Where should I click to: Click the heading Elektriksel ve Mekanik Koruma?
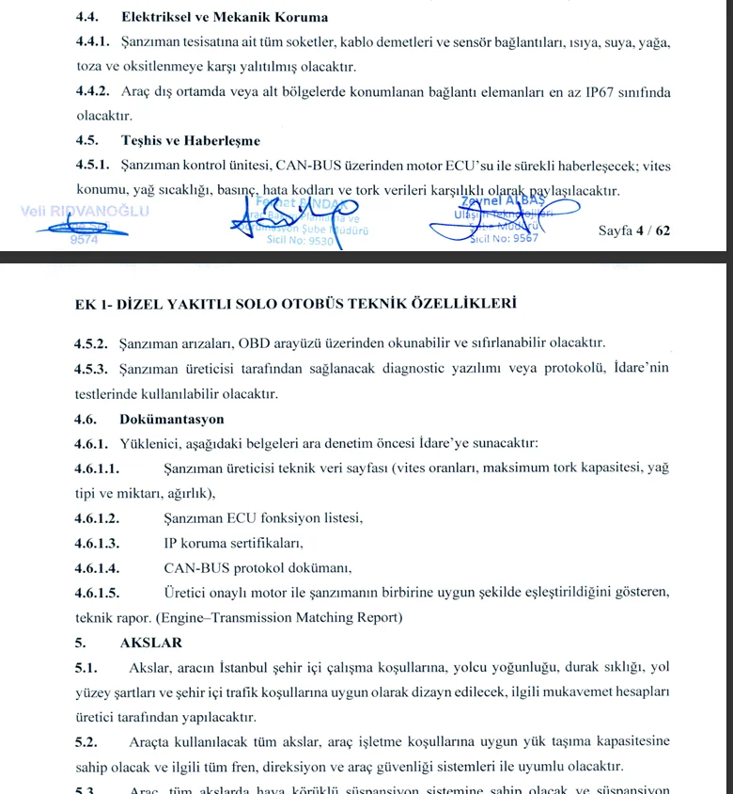[224, 16]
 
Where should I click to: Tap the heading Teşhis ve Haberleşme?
[190, 141]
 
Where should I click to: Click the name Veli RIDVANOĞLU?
[85, 211]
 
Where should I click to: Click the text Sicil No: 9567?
[505, 238]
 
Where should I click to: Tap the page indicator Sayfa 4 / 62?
[634, 230]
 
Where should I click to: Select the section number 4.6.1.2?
[97, 518]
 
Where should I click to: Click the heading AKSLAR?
[150, 643]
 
